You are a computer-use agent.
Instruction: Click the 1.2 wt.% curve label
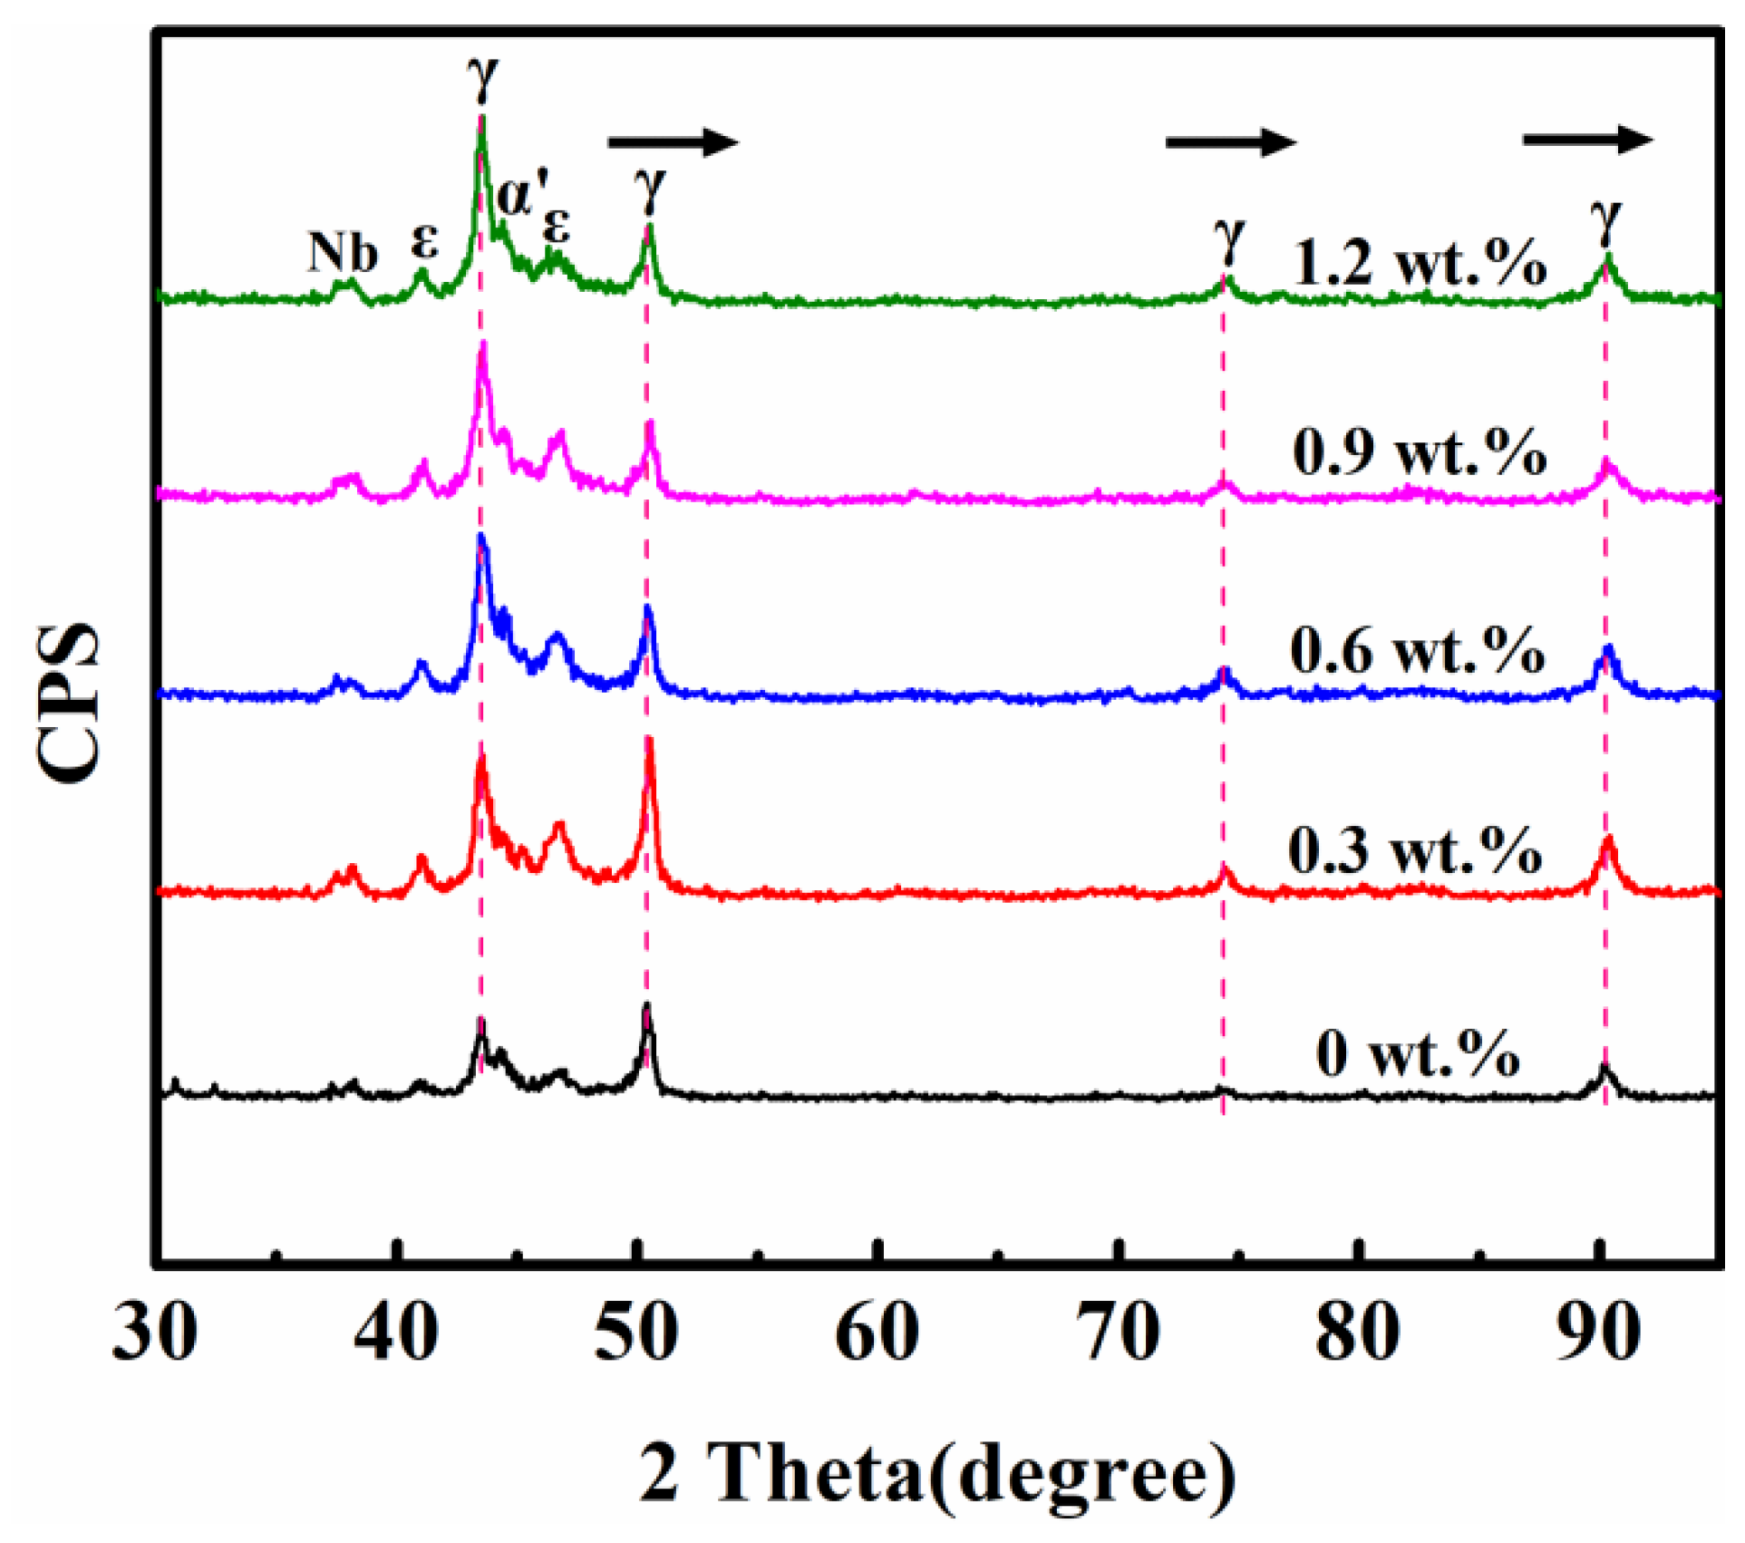click(1420, 263)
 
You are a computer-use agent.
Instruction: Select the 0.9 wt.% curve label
click(1420, 451)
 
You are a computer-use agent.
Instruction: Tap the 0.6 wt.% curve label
click(1418, 650)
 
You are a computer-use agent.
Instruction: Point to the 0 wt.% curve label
click(1418, 1053)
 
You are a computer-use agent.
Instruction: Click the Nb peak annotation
click(342, 252)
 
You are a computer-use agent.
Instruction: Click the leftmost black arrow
click(674, 141)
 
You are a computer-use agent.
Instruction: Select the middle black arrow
click(1230, 141)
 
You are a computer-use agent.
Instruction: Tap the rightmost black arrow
click(1587, 140)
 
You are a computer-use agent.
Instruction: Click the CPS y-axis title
click(69, 703)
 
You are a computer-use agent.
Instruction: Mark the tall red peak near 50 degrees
click(649, 752)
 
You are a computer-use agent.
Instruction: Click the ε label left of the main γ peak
click(424, 241)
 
